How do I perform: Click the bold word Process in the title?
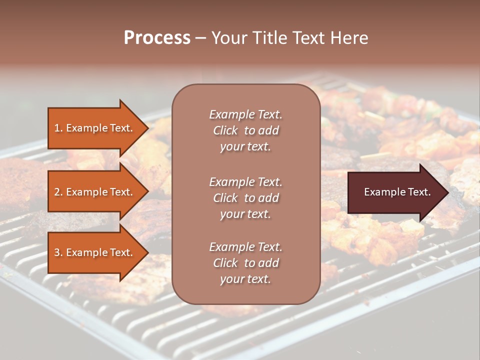point(157,38)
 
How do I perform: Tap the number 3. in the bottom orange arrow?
point(58,253)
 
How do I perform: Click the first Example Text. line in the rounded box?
point(245,114)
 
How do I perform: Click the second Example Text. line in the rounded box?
point(245,182)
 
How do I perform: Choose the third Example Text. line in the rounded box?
point(245,247)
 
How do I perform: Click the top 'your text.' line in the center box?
point(245,147)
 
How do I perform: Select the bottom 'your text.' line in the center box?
point(245,279)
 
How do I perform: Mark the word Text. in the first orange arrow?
point(121,128)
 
